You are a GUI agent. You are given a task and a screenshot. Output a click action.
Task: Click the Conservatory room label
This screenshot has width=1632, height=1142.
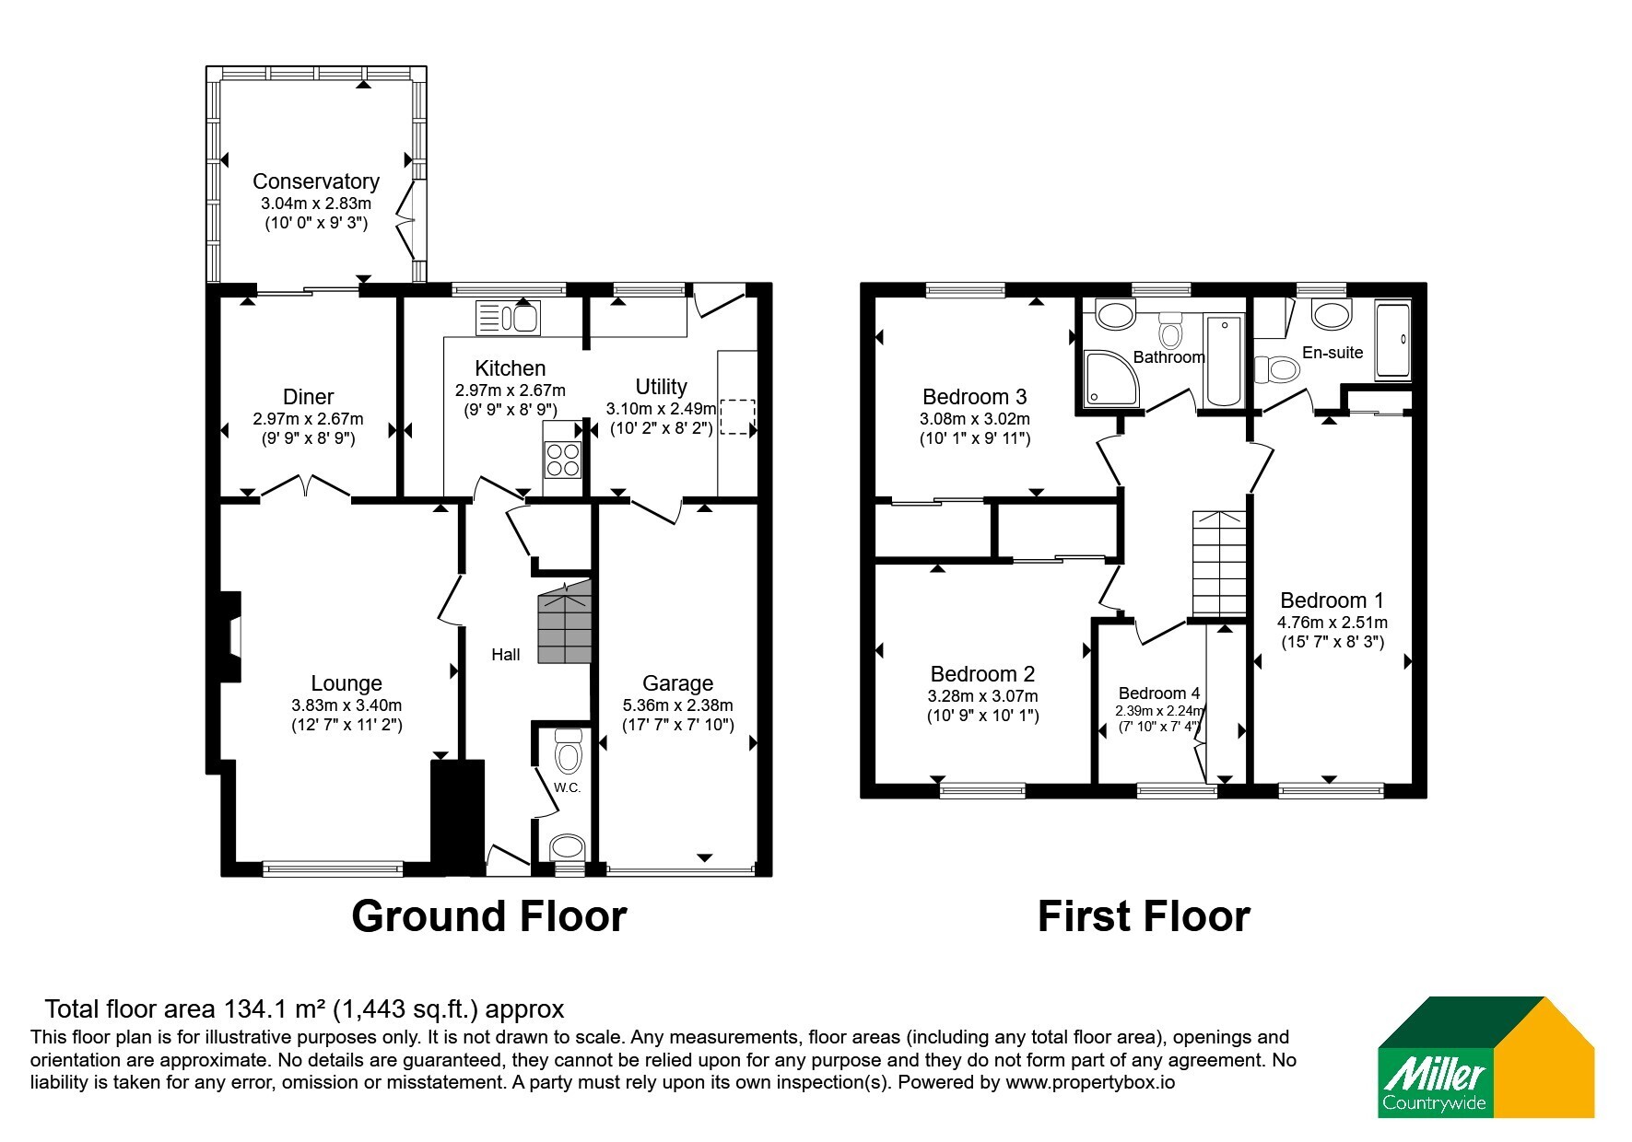coord(316,181)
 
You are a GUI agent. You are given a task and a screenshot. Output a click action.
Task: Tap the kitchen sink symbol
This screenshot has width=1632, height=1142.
coord(508,319)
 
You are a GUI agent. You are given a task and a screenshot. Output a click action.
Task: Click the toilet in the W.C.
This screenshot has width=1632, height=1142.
coord(569,752)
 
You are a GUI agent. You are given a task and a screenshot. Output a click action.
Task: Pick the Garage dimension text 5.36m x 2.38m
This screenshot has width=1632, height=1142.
coord(678,705)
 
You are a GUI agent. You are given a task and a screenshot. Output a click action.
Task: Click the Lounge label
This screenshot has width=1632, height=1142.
coord(346,683)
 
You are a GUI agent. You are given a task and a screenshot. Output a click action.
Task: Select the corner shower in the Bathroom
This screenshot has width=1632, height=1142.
coord(1111,379)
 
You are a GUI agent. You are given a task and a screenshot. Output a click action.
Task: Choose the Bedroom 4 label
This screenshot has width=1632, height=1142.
coord(1159,693)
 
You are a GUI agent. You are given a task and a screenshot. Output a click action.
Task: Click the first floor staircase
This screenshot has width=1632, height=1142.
coord(1219,564)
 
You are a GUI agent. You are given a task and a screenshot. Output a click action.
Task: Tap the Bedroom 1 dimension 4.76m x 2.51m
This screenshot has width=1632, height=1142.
coord(1333,623)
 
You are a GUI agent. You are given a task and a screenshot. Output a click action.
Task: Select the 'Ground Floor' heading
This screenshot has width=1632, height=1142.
coord(489,916)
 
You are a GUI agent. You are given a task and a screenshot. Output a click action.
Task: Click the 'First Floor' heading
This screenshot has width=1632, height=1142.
coord(1144,916)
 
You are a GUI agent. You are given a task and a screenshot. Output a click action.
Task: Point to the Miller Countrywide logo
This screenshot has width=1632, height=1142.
coord(1485,1056)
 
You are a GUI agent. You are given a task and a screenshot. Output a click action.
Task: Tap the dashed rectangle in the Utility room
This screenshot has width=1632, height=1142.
coord(737,417)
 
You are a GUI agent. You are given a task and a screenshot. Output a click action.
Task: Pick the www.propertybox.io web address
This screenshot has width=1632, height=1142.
coord(1090,1083)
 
